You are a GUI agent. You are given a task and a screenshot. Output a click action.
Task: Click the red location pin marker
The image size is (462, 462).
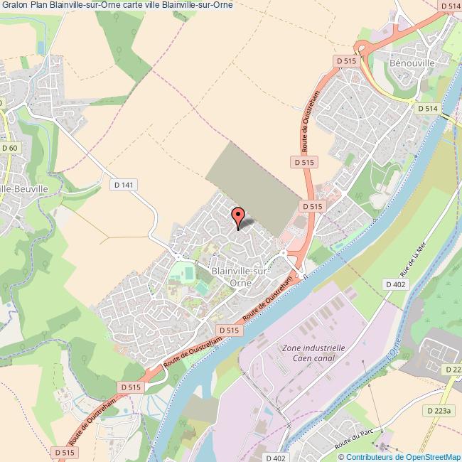coord(238,215)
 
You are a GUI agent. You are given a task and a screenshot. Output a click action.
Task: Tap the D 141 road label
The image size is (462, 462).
coord(125,184)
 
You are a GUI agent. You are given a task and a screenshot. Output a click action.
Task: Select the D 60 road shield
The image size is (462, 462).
coord(9,148)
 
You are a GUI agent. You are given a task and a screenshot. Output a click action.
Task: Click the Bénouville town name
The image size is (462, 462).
coord(408,63)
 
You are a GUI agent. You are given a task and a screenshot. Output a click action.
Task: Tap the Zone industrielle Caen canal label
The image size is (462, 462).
coord(313,353)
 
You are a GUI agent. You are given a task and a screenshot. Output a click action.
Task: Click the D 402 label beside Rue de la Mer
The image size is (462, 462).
coord(395,284)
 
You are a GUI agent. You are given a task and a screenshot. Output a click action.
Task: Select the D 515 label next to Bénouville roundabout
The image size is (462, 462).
coord(343,62)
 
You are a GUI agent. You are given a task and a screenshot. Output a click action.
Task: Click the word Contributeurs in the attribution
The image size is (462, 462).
coord(370,457)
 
